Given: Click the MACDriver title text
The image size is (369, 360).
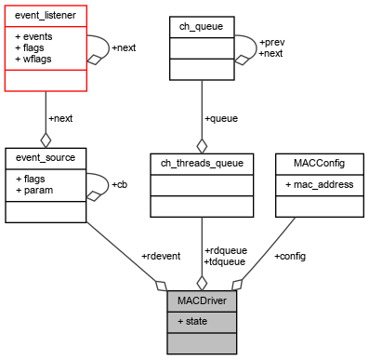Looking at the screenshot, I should (202, 301).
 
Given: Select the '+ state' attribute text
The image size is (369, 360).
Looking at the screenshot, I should (192, 322).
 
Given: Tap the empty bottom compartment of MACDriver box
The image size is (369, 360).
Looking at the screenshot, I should (202, 342).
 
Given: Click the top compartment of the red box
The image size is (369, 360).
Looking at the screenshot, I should (45, 16).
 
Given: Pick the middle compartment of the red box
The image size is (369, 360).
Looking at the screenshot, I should (45, 47).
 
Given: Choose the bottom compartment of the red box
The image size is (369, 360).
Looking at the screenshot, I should (45, 80).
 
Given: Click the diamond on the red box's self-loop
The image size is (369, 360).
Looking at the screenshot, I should (93, 60).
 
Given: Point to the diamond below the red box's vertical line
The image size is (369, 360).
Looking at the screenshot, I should (45, 140).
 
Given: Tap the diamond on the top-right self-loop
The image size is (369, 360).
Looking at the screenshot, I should (241, 60).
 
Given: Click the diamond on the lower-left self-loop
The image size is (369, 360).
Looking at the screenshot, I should (93, 196).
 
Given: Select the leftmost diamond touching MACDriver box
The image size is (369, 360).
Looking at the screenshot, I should (161, 285).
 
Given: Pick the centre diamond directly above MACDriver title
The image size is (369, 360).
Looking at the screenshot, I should (202, 283).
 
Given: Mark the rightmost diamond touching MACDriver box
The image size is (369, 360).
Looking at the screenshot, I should (237, 284).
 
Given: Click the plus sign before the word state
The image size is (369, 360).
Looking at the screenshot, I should (179, 322).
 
